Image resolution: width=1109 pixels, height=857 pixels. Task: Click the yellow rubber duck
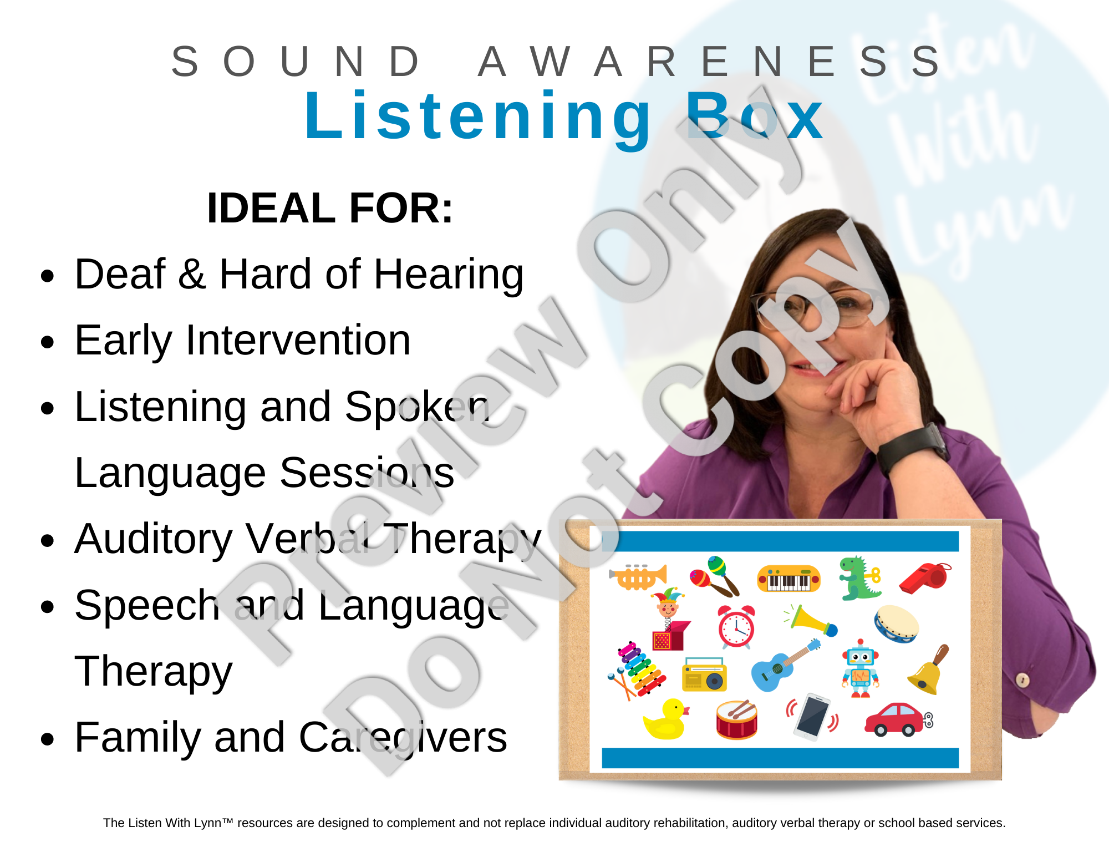pyautogui.click(x=665, y=719)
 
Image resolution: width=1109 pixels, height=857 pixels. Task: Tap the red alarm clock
pyautogui.click(x=736, y=627)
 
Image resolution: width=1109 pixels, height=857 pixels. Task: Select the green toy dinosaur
pyautogui.click(x=859, y=578)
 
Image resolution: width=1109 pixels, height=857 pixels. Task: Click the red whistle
pyautogui.click(x=925, y=577)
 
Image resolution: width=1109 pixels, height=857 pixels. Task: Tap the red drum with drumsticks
pyautogui.click(x=737, y=719)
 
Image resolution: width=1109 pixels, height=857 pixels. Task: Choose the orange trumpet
pyautogui.click(x=638, y=577)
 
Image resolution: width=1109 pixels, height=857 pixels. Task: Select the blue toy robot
pyautogui.click(x=860, y=668)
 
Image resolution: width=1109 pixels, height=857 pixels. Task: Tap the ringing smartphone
pyautogui.click(x=812, y=717)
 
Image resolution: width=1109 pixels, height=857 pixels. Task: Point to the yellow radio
pyautogui.click(x=704, y=674)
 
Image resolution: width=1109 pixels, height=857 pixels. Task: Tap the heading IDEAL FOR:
pyautogui.click(x=330, y=208)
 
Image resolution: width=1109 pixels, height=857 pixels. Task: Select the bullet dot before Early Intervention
pyautogui.click(x=48, y=342)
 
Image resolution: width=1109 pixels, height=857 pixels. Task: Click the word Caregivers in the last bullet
pyautogui.click(x=403, y=738)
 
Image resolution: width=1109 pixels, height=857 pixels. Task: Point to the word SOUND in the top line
pyautogui.click(x=295, y=61)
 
